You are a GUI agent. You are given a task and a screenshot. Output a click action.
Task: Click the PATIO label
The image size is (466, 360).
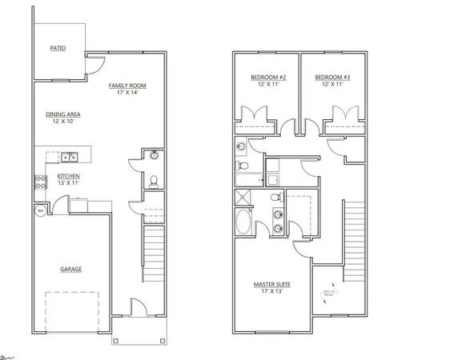coord(58,48)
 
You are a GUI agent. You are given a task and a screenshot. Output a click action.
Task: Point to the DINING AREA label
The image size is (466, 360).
coord(62,114)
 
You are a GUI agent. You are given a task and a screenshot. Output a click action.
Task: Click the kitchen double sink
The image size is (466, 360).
coord(70,156)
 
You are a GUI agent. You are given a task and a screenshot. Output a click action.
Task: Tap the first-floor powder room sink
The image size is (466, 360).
coord(155,155)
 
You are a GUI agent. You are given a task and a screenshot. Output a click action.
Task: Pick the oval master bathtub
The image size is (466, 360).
coord(243,222)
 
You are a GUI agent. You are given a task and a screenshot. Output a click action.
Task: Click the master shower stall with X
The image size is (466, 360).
coord(243,198)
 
